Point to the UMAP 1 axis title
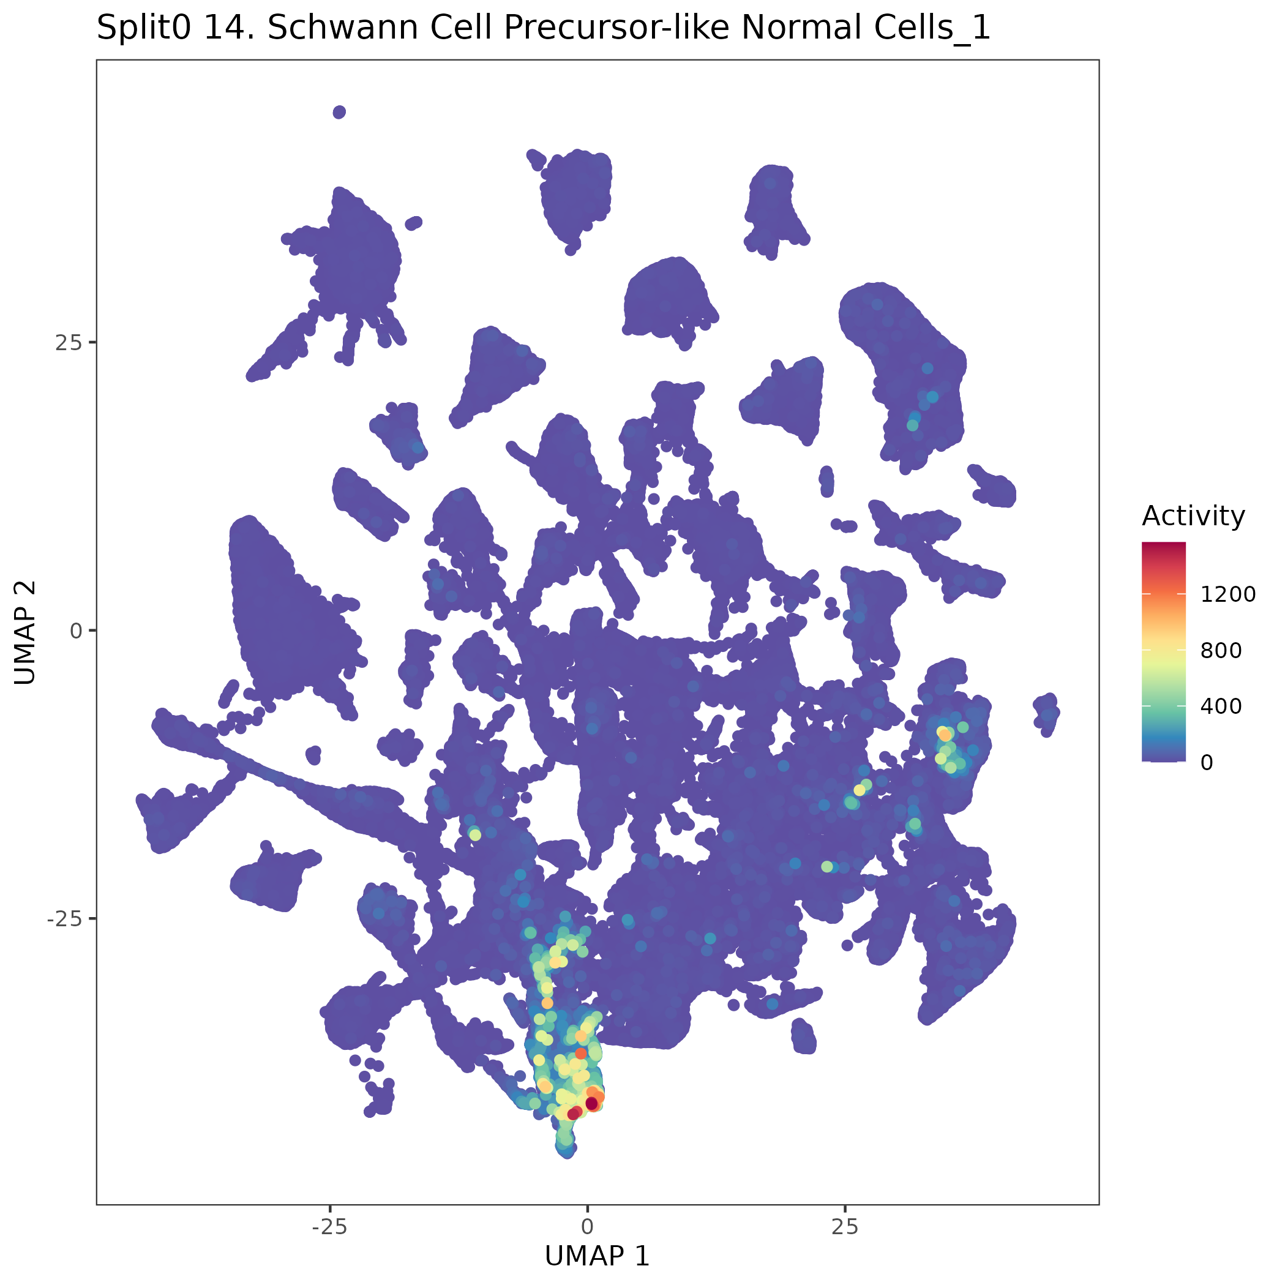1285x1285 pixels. pos(597,1256)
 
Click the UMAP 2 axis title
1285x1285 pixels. pos(25,632)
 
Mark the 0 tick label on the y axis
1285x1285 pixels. pos(76,631)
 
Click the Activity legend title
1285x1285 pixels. pos(1193,516)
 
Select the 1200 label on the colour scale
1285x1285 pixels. pos(1228,594)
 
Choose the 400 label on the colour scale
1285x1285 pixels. pos(1221,706)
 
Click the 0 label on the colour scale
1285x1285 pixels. pos(1207,762)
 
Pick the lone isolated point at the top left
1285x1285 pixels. pos(339,112)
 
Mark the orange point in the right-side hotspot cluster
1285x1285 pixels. pos(945,735)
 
